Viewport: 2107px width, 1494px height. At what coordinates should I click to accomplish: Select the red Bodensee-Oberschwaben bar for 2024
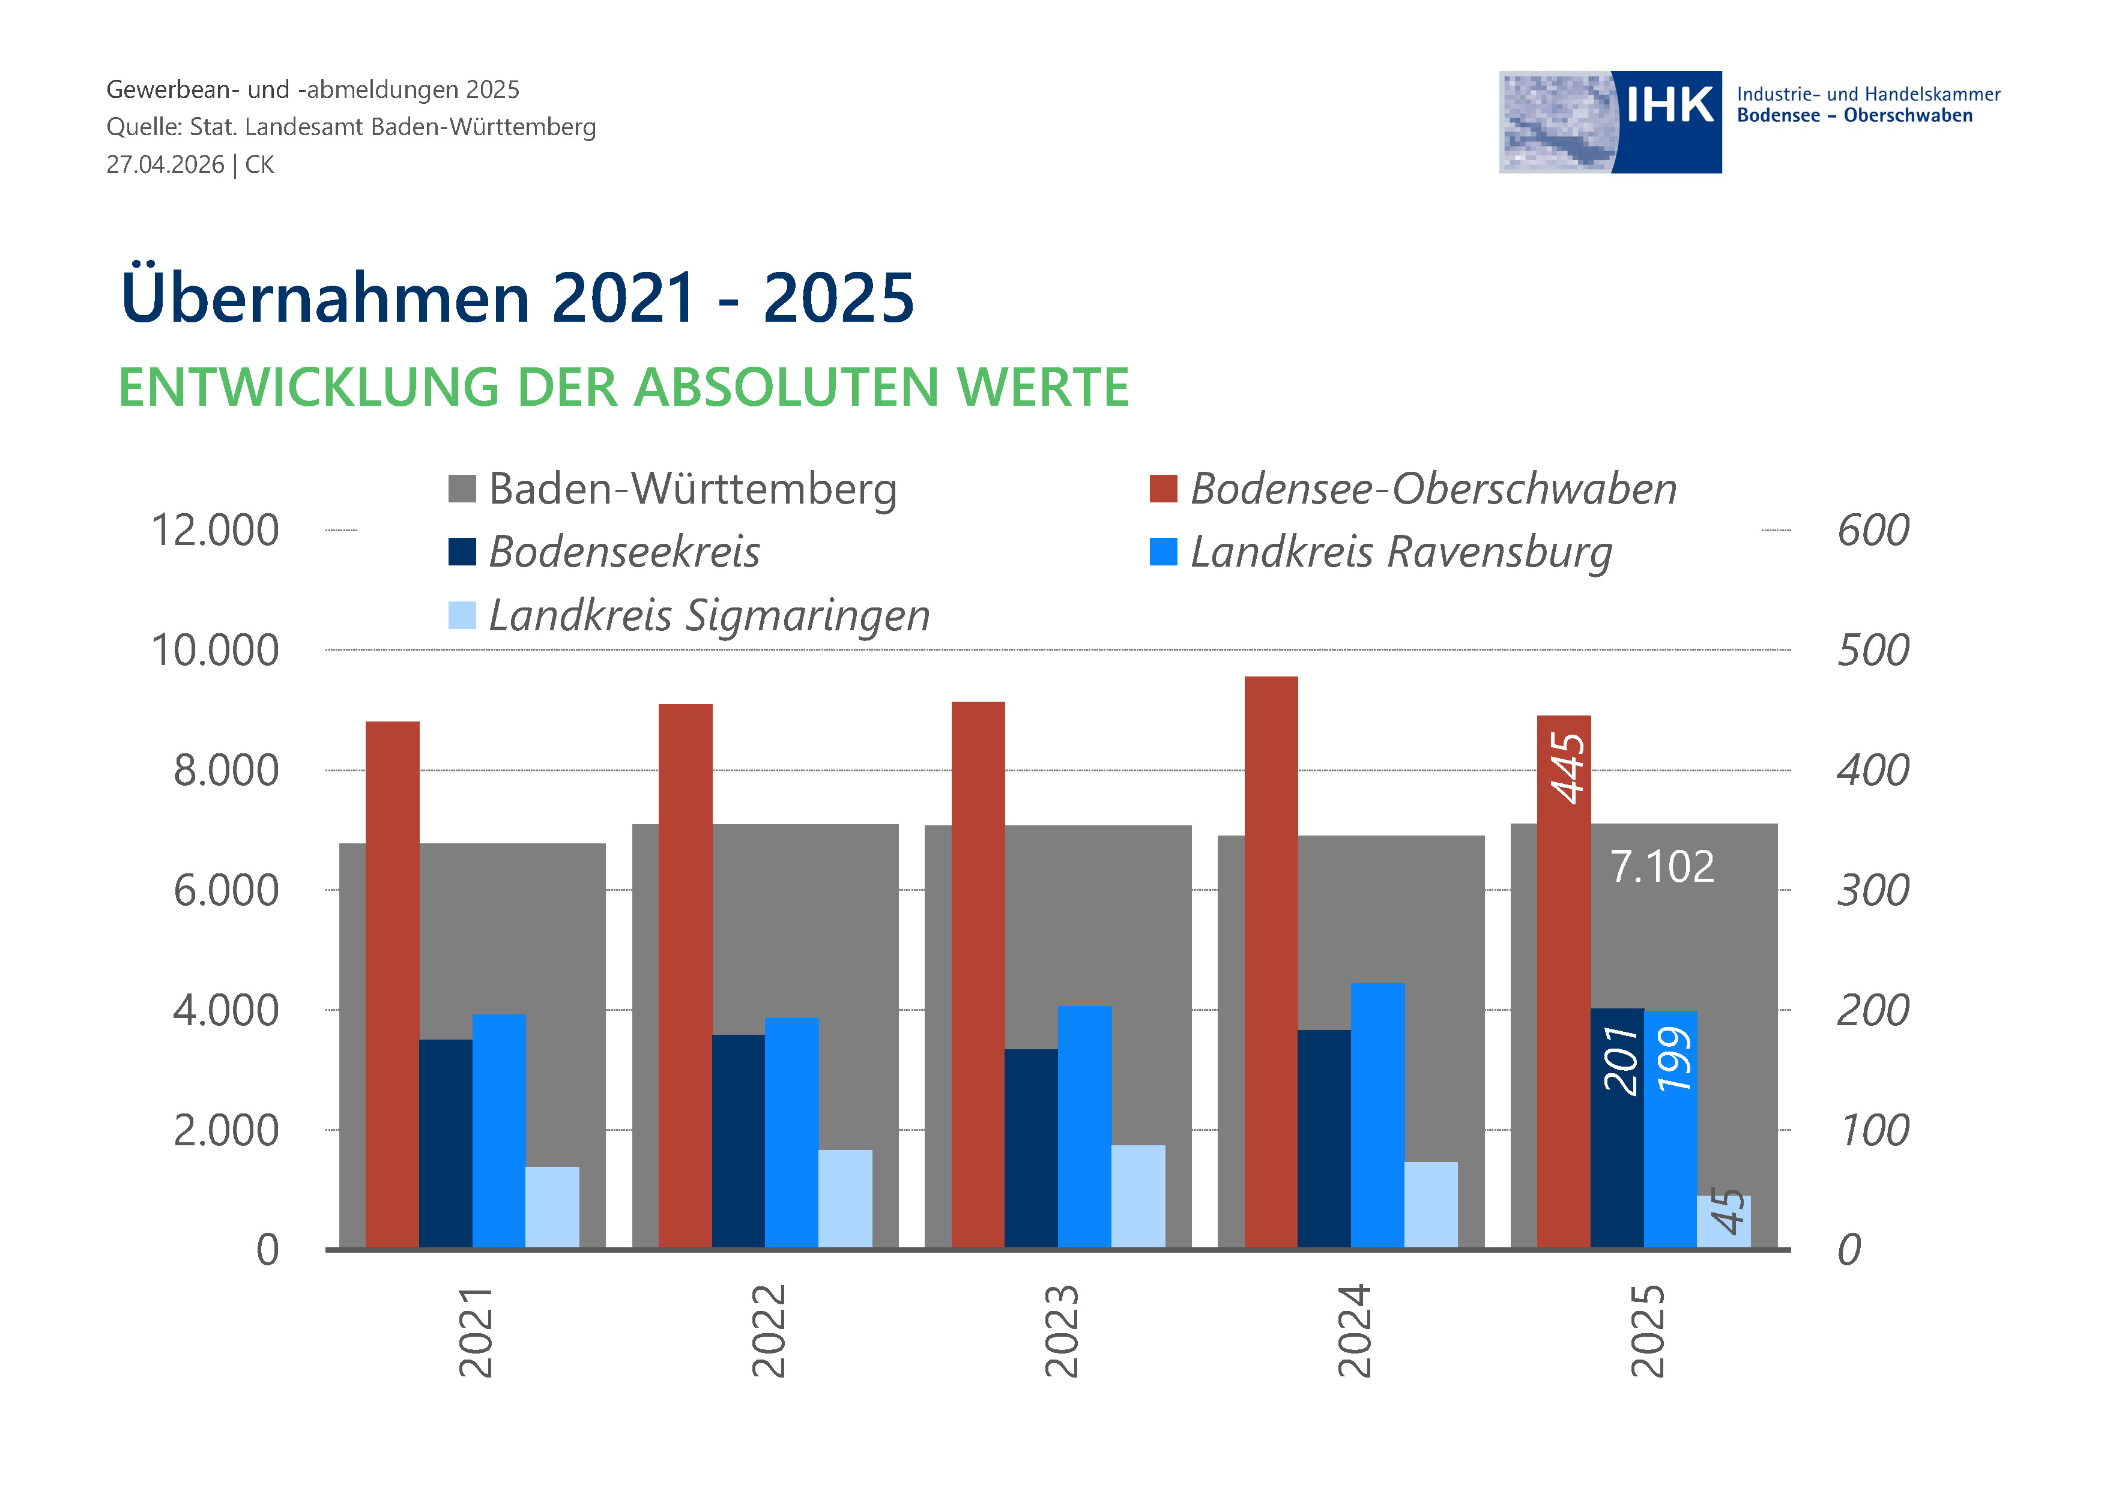[x=1271, y=962]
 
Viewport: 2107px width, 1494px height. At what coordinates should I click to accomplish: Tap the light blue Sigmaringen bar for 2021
[x=552, y=1207]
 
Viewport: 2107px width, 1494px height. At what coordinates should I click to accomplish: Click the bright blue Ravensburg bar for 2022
[x=791, y=1133]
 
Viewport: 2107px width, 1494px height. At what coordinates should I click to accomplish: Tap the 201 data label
[x=1620, y=1060]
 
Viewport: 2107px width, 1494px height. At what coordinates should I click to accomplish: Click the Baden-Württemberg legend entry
[x=673, y=489]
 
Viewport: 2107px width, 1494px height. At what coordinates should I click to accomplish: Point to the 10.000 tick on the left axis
[x=214, y=651]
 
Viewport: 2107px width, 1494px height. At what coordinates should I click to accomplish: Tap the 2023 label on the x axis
[x=1061, y=1330]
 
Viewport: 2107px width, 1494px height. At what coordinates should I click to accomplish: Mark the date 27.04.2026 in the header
[x=166, y=164]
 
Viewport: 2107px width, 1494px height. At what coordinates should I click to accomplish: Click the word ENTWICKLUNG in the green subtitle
[x=309, y=387]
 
